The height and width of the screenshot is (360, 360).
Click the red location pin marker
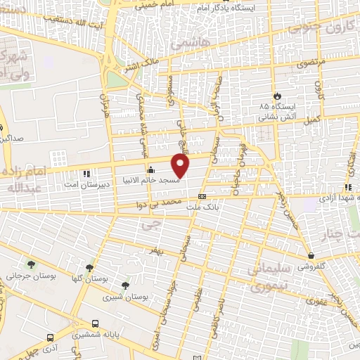tap(181, 165)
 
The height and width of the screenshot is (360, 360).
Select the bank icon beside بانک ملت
tap(202, 197)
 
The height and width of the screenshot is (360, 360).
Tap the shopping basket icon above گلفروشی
tap(311, 256)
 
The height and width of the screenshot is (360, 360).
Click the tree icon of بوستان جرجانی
tap(31, 264)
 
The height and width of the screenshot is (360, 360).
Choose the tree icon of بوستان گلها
tap(89, 267)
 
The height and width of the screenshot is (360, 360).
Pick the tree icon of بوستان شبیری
tap(125, 285)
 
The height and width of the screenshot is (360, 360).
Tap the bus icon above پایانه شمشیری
tap(103, 325)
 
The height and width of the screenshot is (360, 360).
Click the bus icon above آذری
tap(49, 337)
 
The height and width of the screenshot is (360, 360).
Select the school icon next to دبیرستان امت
tap(86, 173)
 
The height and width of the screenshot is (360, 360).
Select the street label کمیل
tap(314, 117)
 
